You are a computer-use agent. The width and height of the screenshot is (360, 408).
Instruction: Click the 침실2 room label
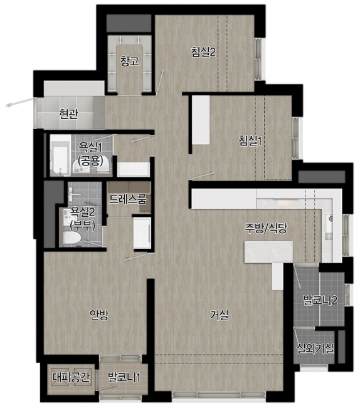203,52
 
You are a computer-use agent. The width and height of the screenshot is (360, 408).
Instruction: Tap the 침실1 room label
250,141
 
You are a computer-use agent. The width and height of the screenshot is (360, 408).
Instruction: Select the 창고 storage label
129,61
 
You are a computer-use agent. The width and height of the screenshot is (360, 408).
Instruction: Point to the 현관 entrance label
68,114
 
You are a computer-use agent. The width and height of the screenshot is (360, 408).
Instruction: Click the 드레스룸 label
128,199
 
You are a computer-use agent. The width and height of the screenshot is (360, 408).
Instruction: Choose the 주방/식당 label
266,228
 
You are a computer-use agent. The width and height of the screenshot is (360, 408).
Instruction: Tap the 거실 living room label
220,315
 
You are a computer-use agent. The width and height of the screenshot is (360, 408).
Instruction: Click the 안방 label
99,315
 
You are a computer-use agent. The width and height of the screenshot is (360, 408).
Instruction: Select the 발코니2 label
320,300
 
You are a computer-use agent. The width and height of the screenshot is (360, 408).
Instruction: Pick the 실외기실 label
315,348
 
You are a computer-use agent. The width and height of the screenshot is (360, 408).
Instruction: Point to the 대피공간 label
71,377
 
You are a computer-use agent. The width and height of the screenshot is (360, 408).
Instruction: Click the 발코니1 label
124,377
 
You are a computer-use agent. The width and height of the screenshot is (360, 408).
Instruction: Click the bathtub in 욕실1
60,155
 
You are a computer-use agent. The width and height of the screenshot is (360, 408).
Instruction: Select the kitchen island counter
268,252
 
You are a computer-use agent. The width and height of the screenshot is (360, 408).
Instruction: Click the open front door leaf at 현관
20,102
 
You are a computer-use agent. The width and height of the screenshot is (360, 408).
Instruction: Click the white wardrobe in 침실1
201,120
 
